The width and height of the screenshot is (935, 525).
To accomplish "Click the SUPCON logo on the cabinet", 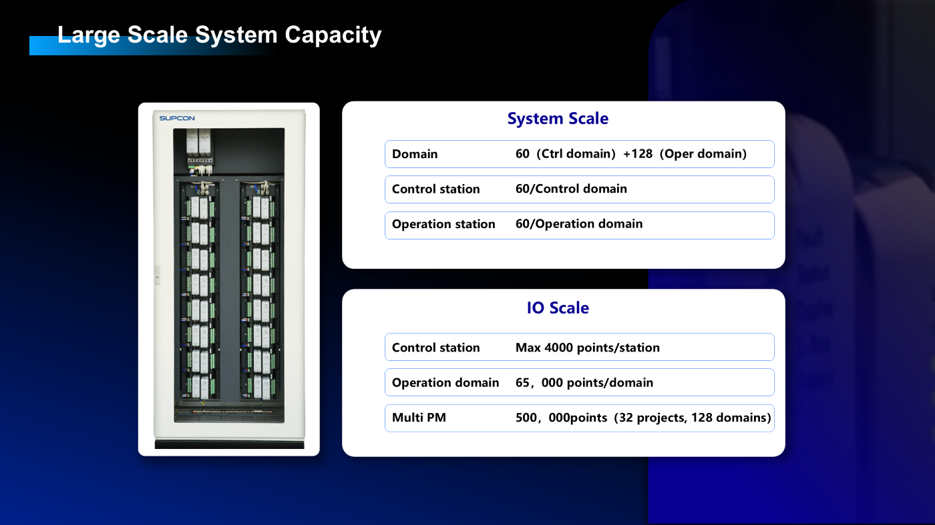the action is pos(177,119).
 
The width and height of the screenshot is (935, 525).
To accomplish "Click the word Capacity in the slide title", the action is pos(333,35).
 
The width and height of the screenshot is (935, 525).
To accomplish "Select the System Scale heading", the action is pos(558,119).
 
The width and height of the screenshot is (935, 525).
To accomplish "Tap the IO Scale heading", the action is pos(558,308).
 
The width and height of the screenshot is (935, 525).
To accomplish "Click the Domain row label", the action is pos(415,154).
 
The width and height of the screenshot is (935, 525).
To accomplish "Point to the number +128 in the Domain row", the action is pos(638,154).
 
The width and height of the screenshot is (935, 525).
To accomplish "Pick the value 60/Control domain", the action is pos(571,189).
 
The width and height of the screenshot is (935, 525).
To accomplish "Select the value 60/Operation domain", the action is pos(579,224).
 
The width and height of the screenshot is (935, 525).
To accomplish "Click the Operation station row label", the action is pos(443,224).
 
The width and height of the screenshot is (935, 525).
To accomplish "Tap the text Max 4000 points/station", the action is pos(588,348).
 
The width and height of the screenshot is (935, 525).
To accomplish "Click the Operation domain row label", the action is pos(445,383).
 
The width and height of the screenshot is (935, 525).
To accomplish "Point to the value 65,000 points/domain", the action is pos(584,383).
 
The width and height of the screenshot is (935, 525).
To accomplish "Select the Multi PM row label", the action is pos(419,418).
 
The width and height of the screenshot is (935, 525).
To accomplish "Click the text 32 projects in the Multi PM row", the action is pos(652,418).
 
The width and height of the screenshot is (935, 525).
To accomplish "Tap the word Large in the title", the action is pos(89,35).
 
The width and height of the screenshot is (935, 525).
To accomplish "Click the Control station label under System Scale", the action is pos(435,189).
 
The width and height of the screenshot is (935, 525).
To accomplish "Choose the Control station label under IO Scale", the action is pos(435,348).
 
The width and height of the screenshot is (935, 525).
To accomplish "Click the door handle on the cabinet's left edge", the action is pos(158,276).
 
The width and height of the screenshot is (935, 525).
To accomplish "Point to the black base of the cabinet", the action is pos(230,444).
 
